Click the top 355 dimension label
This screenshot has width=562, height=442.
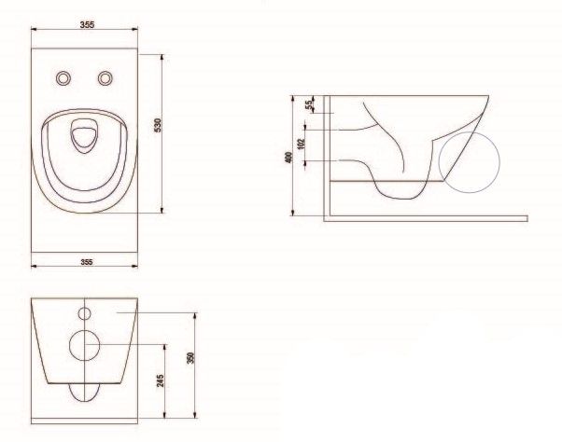(x=87, y=24)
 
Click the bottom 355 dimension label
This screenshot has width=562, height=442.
(x=87, y=262)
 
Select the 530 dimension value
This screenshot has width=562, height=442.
(x=158, y=125)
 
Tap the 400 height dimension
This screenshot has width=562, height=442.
(x=288, y=158)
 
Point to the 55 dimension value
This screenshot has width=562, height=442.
(x=309, y=104)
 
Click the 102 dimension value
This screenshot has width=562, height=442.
(x=301, y=144)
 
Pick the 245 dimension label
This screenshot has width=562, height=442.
(x=161, y=380)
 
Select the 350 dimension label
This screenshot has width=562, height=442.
(x=190, y=358)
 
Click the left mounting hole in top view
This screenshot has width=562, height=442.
(x=63, y=78)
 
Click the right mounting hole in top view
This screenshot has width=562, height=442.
(x=105, y=78)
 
